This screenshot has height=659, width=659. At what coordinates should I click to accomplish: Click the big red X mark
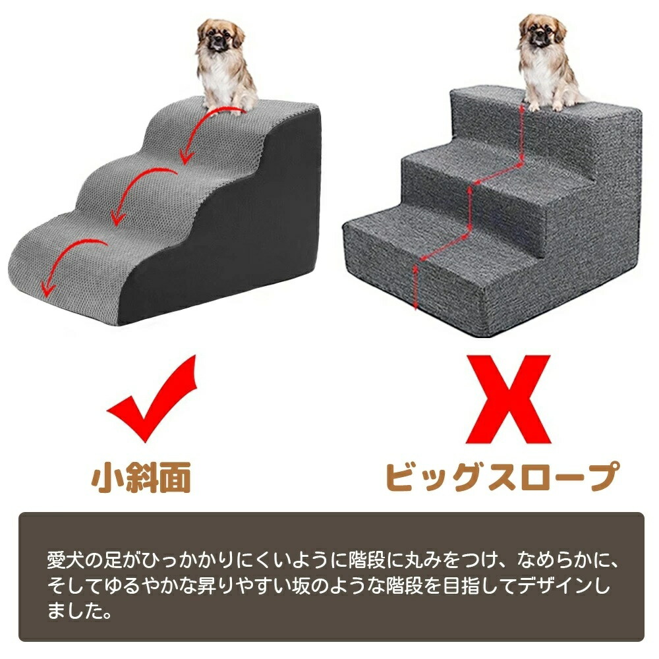coord(508,399)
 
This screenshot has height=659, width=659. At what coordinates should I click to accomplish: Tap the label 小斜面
coord(141,477)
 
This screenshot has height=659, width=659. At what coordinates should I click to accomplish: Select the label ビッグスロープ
coord(502,476)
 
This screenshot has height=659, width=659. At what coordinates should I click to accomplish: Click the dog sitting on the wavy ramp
coord(225,65)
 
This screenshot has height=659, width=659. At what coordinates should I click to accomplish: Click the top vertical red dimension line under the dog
coord(521,134)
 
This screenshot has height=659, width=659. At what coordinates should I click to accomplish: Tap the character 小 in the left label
coord(107,477)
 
